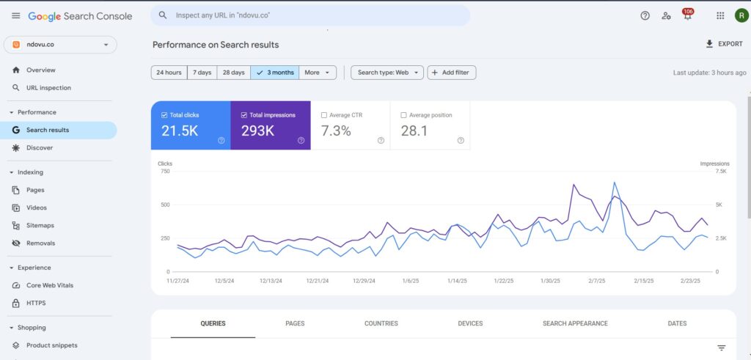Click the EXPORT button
click(724, 44)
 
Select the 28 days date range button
click(233, 73)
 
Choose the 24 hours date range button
click(168, 73)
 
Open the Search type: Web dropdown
click(387, 73)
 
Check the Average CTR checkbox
click(324, 115)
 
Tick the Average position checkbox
click(403, 115)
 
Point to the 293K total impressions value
click(257, 131)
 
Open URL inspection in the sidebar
click(48, 88)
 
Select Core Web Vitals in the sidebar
click(50, 285)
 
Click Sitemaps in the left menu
click(40, 225)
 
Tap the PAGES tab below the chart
click(295, 323)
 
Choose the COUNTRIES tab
click(381, 323)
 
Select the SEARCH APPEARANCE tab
click(575, 323)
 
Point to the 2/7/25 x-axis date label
click(598, 281)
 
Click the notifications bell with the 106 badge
click(687, 15)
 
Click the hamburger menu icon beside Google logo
click(16, 15)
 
